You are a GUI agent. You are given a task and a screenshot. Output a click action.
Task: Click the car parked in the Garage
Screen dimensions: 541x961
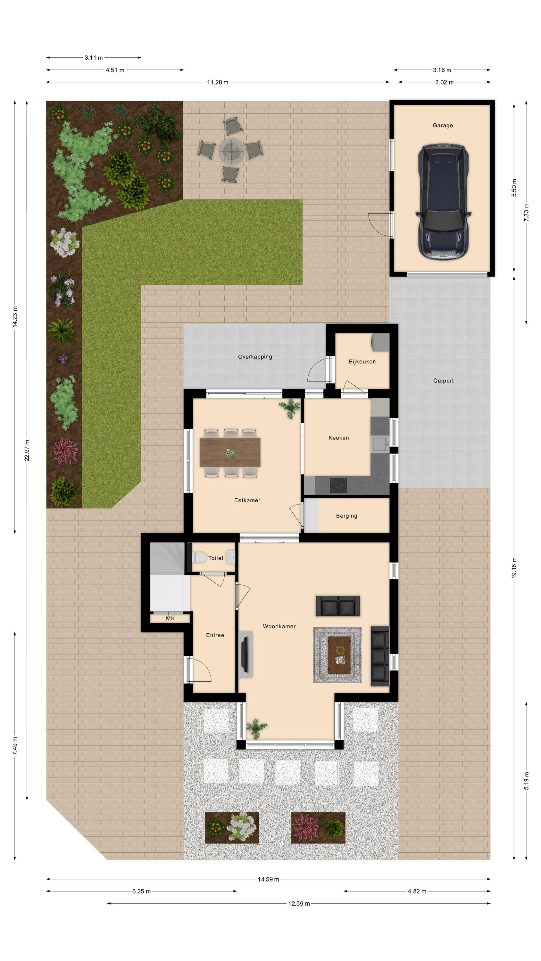pyautogui.click(x=443, y=202)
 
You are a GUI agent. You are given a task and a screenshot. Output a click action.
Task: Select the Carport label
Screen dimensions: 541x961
pyautogui.click(x=443, y=381)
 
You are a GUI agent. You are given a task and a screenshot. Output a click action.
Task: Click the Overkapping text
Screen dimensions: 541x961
pyautogui.click(x=255, y=357)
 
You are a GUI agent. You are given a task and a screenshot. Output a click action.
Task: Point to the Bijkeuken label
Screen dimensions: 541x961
pyautogui.click(x=362, y=361)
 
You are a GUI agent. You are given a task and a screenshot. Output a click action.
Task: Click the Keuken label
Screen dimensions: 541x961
pyautogui.click(x=339, y=438)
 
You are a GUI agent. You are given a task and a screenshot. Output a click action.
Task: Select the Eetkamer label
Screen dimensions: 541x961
pyautogui.click(x=247, y=500)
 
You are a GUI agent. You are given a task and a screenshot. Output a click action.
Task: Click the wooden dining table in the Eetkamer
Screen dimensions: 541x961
pyautogui.click(x=230, y=453)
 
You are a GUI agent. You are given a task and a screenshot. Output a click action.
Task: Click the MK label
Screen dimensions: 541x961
pyautogui.click(x=170, y=618)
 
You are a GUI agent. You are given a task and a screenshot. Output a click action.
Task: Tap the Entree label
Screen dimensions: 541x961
pyautogui.click(x=215, y=635)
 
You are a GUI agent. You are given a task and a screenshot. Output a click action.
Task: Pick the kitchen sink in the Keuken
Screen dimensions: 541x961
pyautogui.click(x=380, y=444)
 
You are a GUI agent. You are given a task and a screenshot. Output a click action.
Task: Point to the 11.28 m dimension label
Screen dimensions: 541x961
pyautogui.click(x=218, y=82)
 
